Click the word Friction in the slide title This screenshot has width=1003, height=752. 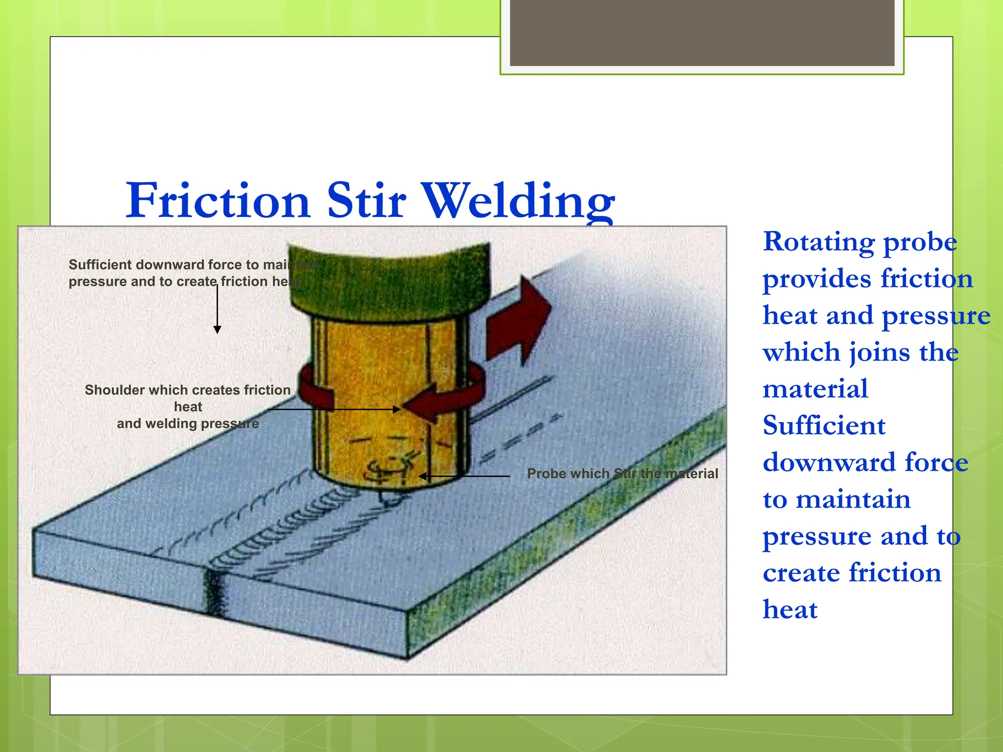click(x=218, y=200)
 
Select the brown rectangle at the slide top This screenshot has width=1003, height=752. click(x=702, y=32)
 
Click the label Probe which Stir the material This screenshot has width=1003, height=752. click(x=622, y=473)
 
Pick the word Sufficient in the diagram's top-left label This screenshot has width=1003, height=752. click(x=100, y=265)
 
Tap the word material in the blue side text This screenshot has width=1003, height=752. click(x=815, y=389)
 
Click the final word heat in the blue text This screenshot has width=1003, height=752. click(x=790, y=610)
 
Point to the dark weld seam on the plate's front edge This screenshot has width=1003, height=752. click(x=213, y=592)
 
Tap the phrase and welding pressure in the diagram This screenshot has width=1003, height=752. click(x=188, y=423)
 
